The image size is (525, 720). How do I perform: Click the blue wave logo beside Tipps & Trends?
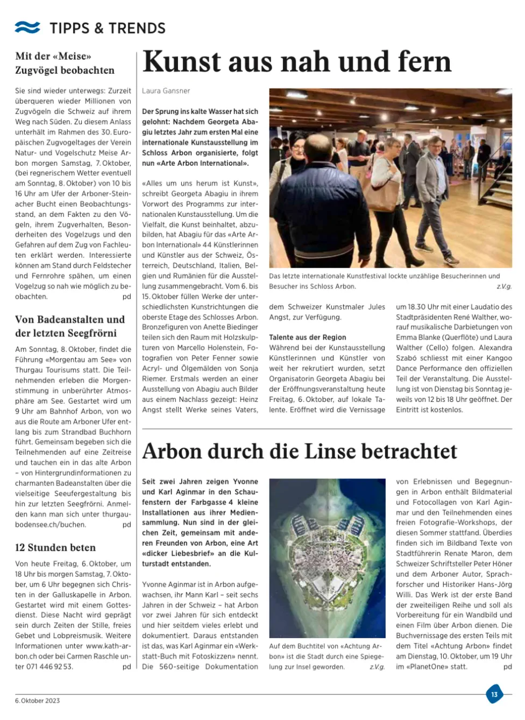(x=27, y=27)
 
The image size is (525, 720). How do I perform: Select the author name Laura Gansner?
(x=166, y=91)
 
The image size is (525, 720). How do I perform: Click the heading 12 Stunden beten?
(x=55, y=548)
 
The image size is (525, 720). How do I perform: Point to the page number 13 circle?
(x=494, y=694)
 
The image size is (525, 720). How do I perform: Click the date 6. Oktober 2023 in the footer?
(x=37, y=701)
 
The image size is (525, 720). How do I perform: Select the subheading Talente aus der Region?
(x=307, y=337)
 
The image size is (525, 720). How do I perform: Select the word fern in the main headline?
(x=424, y=62)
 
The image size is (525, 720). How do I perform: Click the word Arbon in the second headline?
(x=171, y=451)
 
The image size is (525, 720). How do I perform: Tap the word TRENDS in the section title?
(x=138, y=28)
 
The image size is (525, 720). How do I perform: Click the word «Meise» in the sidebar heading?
(x=72, y=57)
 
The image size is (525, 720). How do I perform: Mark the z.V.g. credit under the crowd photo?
(x=504, y=287)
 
